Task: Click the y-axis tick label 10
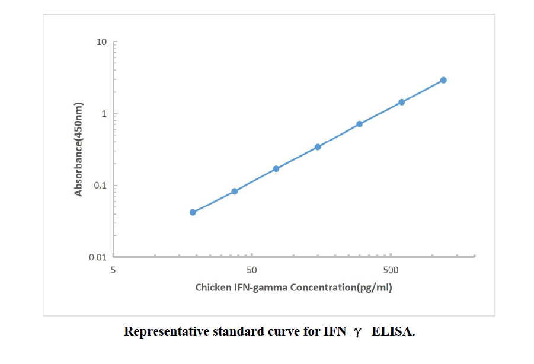point(102,42)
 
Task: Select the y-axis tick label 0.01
point(98,257)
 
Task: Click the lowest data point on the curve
point(193,212)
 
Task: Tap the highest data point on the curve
point(443,80)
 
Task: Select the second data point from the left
point(235,191)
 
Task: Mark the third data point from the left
point(276,169)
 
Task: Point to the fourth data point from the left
point(318,147)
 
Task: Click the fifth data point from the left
point(360,124)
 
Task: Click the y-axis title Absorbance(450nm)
point(78,149)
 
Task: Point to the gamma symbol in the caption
point(357,333)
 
